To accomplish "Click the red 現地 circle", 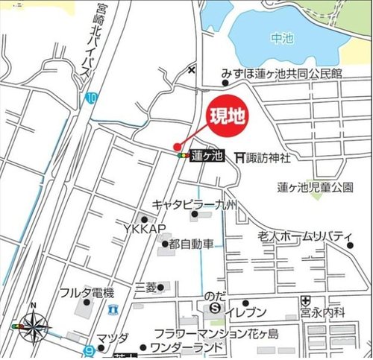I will click(x=225, y=116).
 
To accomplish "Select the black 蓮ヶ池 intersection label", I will click(x=207, y=157).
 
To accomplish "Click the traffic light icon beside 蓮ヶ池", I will click(x=184, y=157).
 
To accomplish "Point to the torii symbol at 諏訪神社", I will click(x=239, y=157).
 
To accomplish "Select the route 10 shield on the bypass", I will click(x=91, y=98).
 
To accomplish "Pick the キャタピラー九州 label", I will click(x=194, y=204).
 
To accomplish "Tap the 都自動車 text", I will click(x=192, y=244).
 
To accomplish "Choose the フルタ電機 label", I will click(x=87, y=291).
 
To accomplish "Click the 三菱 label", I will click(x=145, y=287).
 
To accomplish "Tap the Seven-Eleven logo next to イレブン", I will click(x=216, y=307).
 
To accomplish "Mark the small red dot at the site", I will click(x=177, y=146).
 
